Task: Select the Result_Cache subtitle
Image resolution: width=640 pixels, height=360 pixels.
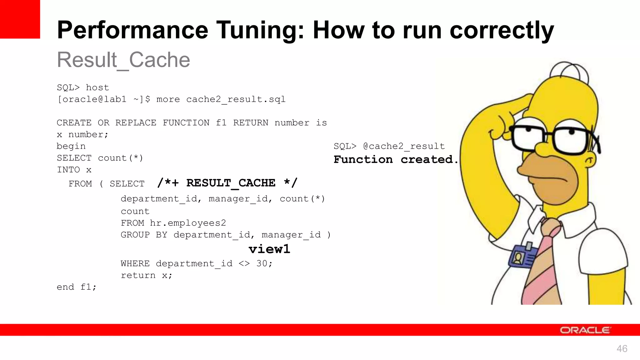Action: click(123, 60)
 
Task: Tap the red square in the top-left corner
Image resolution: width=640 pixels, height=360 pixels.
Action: click(20, 19)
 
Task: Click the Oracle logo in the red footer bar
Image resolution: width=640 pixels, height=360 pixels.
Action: click(585, 330)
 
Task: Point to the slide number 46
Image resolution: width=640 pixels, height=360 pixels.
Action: click(622, 348)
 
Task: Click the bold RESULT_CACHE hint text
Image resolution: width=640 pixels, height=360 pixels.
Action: click(231, 183)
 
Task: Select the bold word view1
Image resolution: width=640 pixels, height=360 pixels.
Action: click(269, 249)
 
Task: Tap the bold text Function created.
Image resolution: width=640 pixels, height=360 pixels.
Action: click(396, 159)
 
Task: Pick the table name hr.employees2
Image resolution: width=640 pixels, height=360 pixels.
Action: click(188, 223)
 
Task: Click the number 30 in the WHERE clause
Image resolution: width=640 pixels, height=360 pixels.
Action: click(262, 263)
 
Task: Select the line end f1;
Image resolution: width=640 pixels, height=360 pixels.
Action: click(77, 287)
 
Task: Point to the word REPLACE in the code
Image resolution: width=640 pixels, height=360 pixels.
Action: click(136, 122)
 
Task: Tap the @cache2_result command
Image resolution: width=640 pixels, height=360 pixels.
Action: click(404, 146)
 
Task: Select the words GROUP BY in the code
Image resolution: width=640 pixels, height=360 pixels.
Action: click(144, 235)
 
